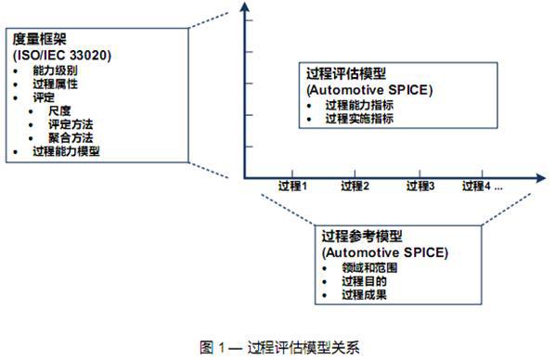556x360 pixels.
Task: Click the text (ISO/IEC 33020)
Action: click(x=62, y=55)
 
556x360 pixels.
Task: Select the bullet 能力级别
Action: click(x=54, y=70)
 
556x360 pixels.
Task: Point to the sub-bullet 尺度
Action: click(x=62, y=110)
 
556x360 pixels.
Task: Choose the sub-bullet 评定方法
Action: click(x=71, y=123)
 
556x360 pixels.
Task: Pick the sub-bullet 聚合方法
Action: click(x=71, y=136)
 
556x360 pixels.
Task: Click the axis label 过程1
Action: click(x=291, y=186)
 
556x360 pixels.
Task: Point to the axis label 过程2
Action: click(x=355, y=186)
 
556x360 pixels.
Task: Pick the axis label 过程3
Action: click(x=420, y=186)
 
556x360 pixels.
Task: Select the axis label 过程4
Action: click(x=478, y=186)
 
